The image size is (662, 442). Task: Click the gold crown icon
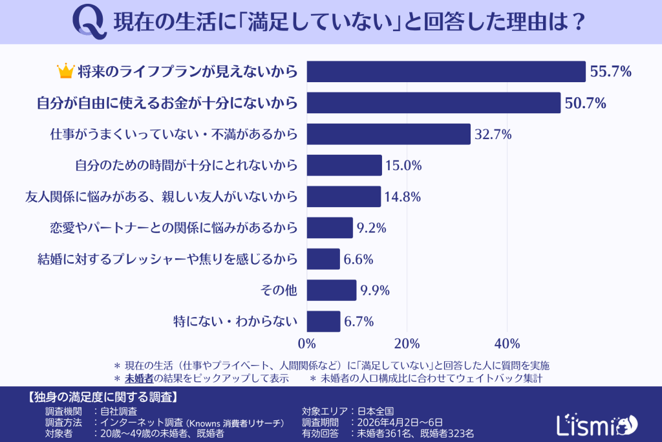[66, 71]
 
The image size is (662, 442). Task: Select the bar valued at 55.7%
[445, 72]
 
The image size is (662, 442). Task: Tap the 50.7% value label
[584, 103]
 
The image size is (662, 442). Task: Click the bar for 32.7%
[388, 134]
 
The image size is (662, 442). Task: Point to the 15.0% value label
[403, 166]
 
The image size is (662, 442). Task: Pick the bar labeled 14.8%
[343, 197]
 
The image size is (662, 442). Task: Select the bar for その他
[331, 290]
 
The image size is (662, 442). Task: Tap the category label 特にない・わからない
[235, 322]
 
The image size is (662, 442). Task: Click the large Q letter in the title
[89, 23]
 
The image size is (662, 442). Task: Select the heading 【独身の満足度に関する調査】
[103, 396]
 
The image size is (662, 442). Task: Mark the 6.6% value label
[359, 260]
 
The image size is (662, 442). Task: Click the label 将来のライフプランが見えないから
[187, 72]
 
